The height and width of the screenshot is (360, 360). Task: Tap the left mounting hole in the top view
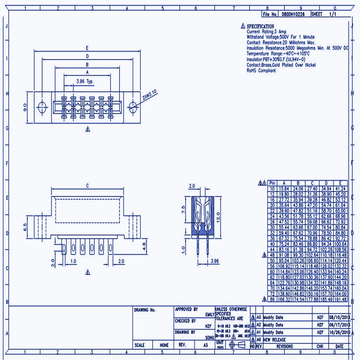point(42,106)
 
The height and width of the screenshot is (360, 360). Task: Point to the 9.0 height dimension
point(25,107)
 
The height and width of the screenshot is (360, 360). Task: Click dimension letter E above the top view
point(87,48)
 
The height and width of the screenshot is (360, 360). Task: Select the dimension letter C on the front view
point(87,186)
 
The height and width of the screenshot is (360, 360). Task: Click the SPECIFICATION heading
point(260,26)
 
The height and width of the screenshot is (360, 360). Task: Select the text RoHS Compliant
point(261,71)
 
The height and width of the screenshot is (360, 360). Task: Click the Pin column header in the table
point(272,183)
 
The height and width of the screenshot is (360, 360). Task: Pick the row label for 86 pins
point(272,299)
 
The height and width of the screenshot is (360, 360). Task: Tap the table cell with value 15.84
point(284,188)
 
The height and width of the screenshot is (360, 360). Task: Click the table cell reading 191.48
point(340,299)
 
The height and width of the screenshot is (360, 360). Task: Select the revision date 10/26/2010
point(339,332)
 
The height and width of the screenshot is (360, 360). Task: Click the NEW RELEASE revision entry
point(274,339)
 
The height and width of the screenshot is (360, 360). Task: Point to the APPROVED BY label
point(186,309)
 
